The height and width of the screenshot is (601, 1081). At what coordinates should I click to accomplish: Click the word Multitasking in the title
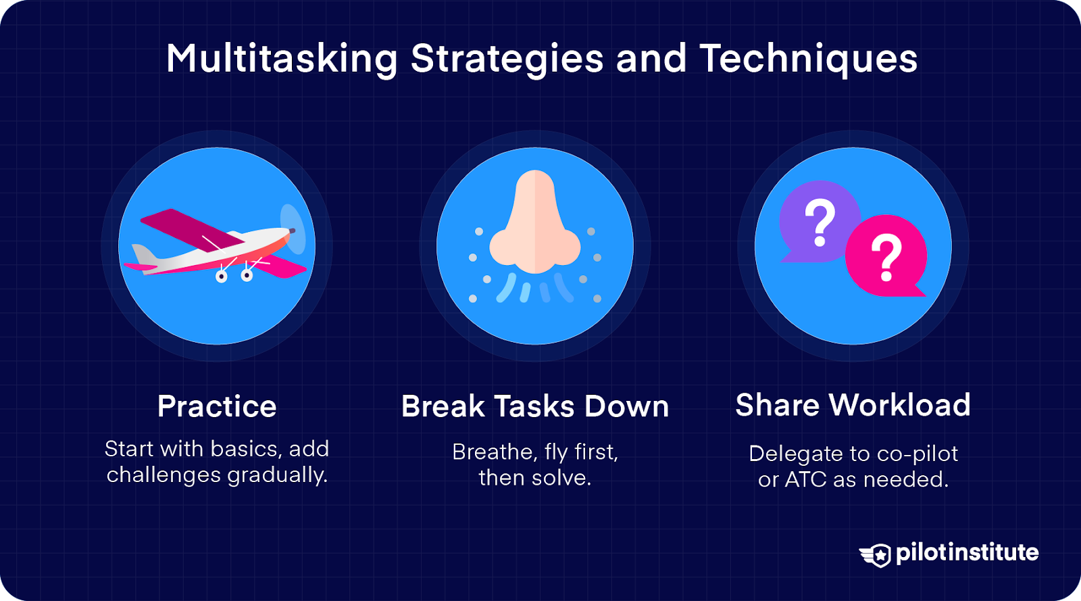point(282,59)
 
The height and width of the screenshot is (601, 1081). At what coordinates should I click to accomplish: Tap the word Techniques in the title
point(808,59)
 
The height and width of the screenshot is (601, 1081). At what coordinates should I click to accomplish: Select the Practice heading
point(217,406)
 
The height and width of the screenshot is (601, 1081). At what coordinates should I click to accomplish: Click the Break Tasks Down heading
point(535,406)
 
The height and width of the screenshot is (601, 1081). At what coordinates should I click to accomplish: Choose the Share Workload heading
point(853,405)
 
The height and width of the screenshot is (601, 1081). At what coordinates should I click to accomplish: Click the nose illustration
point(535,223)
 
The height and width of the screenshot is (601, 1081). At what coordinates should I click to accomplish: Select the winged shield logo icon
point(876,554)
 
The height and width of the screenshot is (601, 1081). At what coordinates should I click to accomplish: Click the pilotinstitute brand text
point(967,553)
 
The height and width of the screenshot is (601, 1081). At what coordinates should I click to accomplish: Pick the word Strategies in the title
point(507,59)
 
